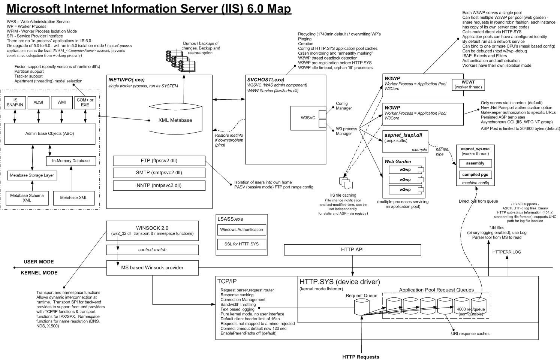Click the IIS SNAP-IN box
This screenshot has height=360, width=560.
pos(15,102)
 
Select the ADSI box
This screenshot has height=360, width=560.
pos(38,102)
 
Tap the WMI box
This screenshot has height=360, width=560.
pos(62,102)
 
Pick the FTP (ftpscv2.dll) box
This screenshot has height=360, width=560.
pos(159,161)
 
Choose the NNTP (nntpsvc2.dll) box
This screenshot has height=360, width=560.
pos(159,185)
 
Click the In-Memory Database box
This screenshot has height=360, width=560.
pos(71,161)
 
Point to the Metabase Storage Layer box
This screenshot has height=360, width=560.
pos(32,175)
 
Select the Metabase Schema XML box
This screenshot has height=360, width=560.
pos(27,197)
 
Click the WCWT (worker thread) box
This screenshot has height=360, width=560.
pos(468,84)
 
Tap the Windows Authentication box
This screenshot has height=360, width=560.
pos(241,230)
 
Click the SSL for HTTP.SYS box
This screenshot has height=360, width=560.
pos(241,244)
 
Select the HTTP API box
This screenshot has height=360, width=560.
pos(352,249)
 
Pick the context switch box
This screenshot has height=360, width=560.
pos(152,249)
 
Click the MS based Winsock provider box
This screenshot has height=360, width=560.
pos(152,268)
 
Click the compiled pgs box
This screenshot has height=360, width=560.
pos(475,175)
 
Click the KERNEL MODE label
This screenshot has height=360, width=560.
pos(39,273)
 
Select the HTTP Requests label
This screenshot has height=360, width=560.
pos(361,357)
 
